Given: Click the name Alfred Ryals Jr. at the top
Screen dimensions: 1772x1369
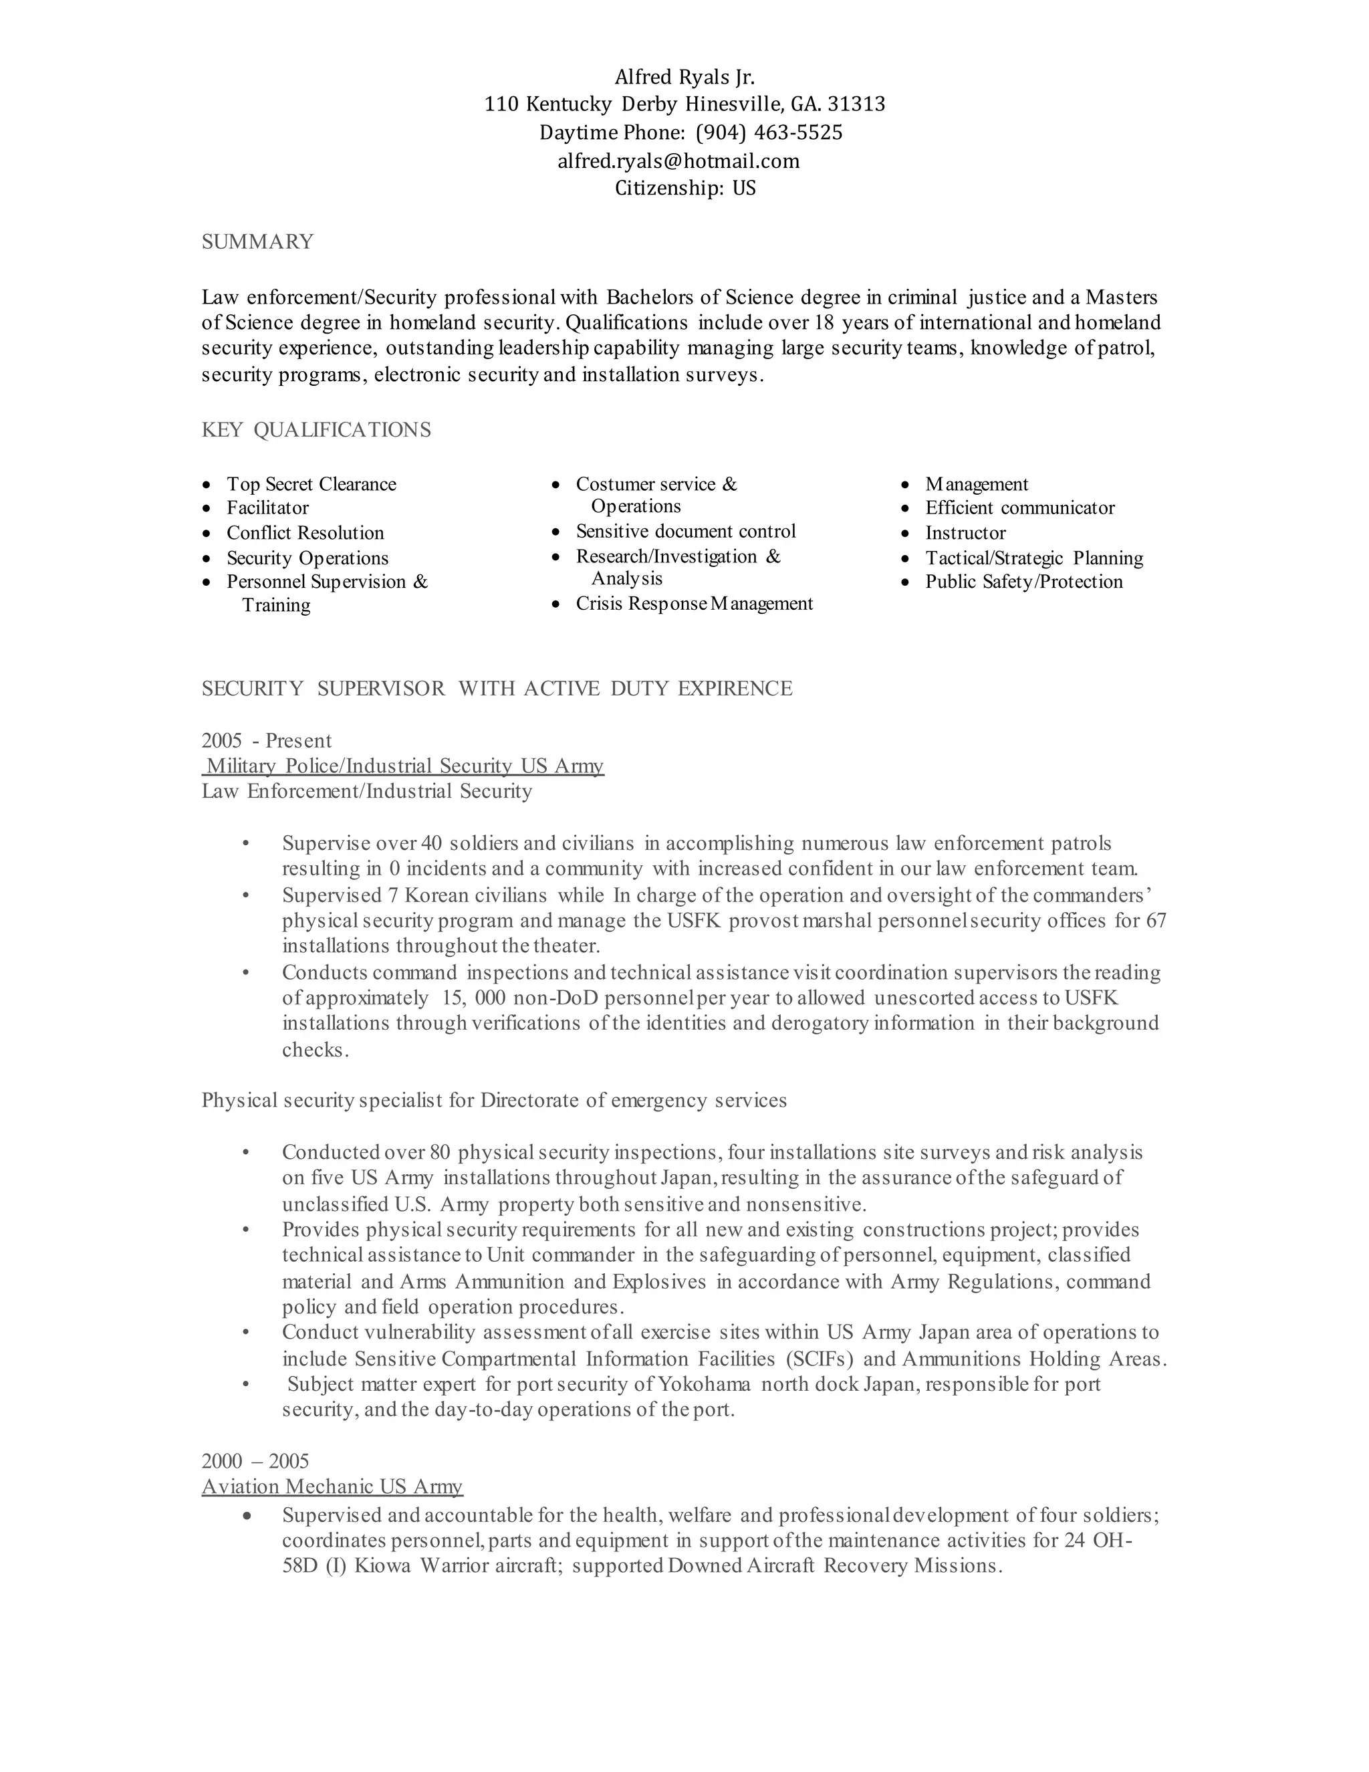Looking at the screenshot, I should [684, 77].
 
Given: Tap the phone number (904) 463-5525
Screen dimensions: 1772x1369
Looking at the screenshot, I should [769, 132].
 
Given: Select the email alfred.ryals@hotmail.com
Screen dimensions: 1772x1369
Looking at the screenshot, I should [678, 160].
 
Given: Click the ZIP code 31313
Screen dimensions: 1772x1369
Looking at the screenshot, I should [856, 104].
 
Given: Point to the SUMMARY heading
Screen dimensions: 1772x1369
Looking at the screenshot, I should [257, 242].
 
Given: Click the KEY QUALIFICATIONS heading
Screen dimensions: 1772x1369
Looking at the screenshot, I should [316, 430].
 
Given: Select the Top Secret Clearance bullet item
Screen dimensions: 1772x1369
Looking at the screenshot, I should [312, 484].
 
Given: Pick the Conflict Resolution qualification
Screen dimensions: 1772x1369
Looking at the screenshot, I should [305, 533].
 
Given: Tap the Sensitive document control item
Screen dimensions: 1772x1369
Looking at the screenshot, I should [686, 532].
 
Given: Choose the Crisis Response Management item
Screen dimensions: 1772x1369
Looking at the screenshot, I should [695, 604].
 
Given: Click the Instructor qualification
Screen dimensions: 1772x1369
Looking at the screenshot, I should [965, 533].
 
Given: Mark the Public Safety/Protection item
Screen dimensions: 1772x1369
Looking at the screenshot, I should [1023, 582].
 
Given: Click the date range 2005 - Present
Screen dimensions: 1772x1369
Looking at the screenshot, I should [267, 741].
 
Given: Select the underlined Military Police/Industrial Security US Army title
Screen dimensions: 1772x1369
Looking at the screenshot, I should [404, 766].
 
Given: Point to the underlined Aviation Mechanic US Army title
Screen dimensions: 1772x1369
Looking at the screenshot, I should [332, 1486].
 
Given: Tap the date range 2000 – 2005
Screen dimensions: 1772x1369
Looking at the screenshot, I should [255, 1461].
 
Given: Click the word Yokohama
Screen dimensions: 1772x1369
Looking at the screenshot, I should [704, 1384].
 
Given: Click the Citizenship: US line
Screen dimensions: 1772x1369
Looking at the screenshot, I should [684, 189].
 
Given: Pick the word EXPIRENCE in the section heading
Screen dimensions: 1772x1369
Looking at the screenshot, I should [735, 689].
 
